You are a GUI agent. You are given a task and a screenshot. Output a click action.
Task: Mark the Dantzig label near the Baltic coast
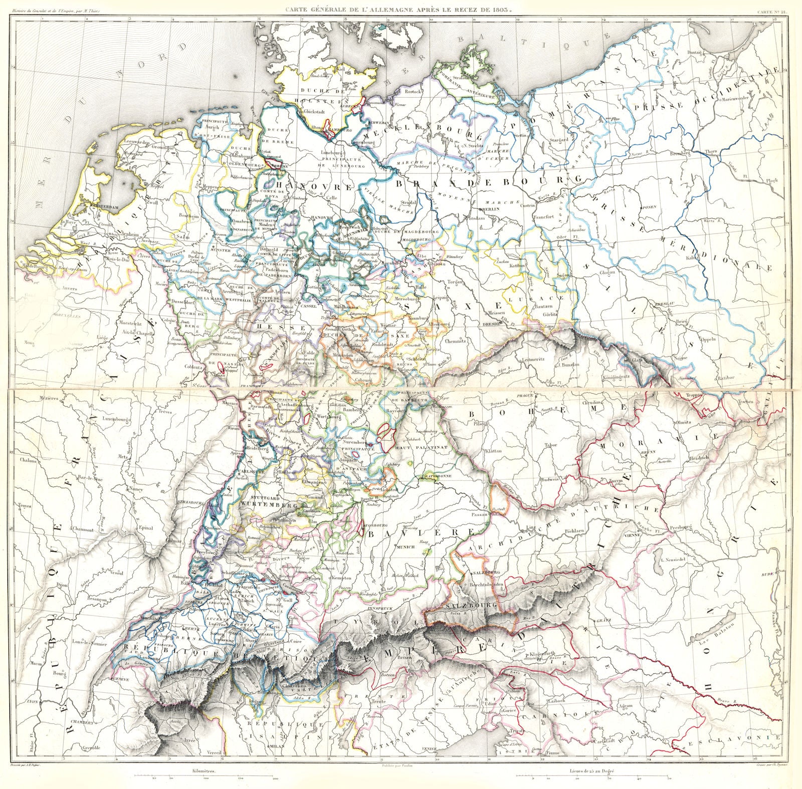click(709, 52)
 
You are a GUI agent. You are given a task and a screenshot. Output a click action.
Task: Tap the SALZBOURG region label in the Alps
click(470, 606)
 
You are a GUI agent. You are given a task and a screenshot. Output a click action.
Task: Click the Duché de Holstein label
click(321, 93)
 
